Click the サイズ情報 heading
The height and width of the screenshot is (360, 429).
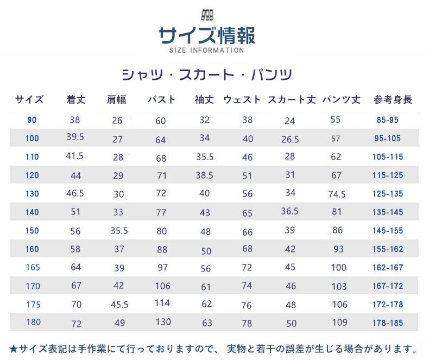point(207,36)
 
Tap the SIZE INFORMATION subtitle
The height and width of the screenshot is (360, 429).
point(206,50)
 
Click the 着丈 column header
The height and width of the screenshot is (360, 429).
point(75,100)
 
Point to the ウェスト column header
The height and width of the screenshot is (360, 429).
point(242,100)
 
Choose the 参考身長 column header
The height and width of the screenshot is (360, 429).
point(393,100)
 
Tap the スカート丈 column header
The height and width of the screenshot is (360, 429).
point(292,100)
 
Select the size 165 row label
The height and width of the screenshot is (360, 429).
point(32,267)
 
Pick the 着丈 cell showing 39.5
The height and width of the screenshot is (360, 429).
point(74,137)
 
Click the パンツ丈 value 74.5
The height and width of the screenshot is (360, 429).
point(337,194)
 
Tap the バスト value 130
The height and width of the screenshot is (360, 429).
point(162,323)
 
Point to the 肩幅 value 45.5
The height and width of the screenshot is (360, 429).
point(119,305)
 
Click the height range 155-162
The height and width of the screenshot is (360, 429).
point(388,249)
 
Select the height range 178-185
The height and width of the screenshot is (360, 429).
point(388,323)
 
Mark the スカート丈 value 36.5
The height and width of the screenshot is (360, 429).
point(289,211)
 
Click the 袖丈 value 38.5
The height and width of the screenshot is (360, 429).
point(205,175)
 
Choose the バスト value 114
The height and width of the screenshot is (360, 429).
point(162,303)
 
